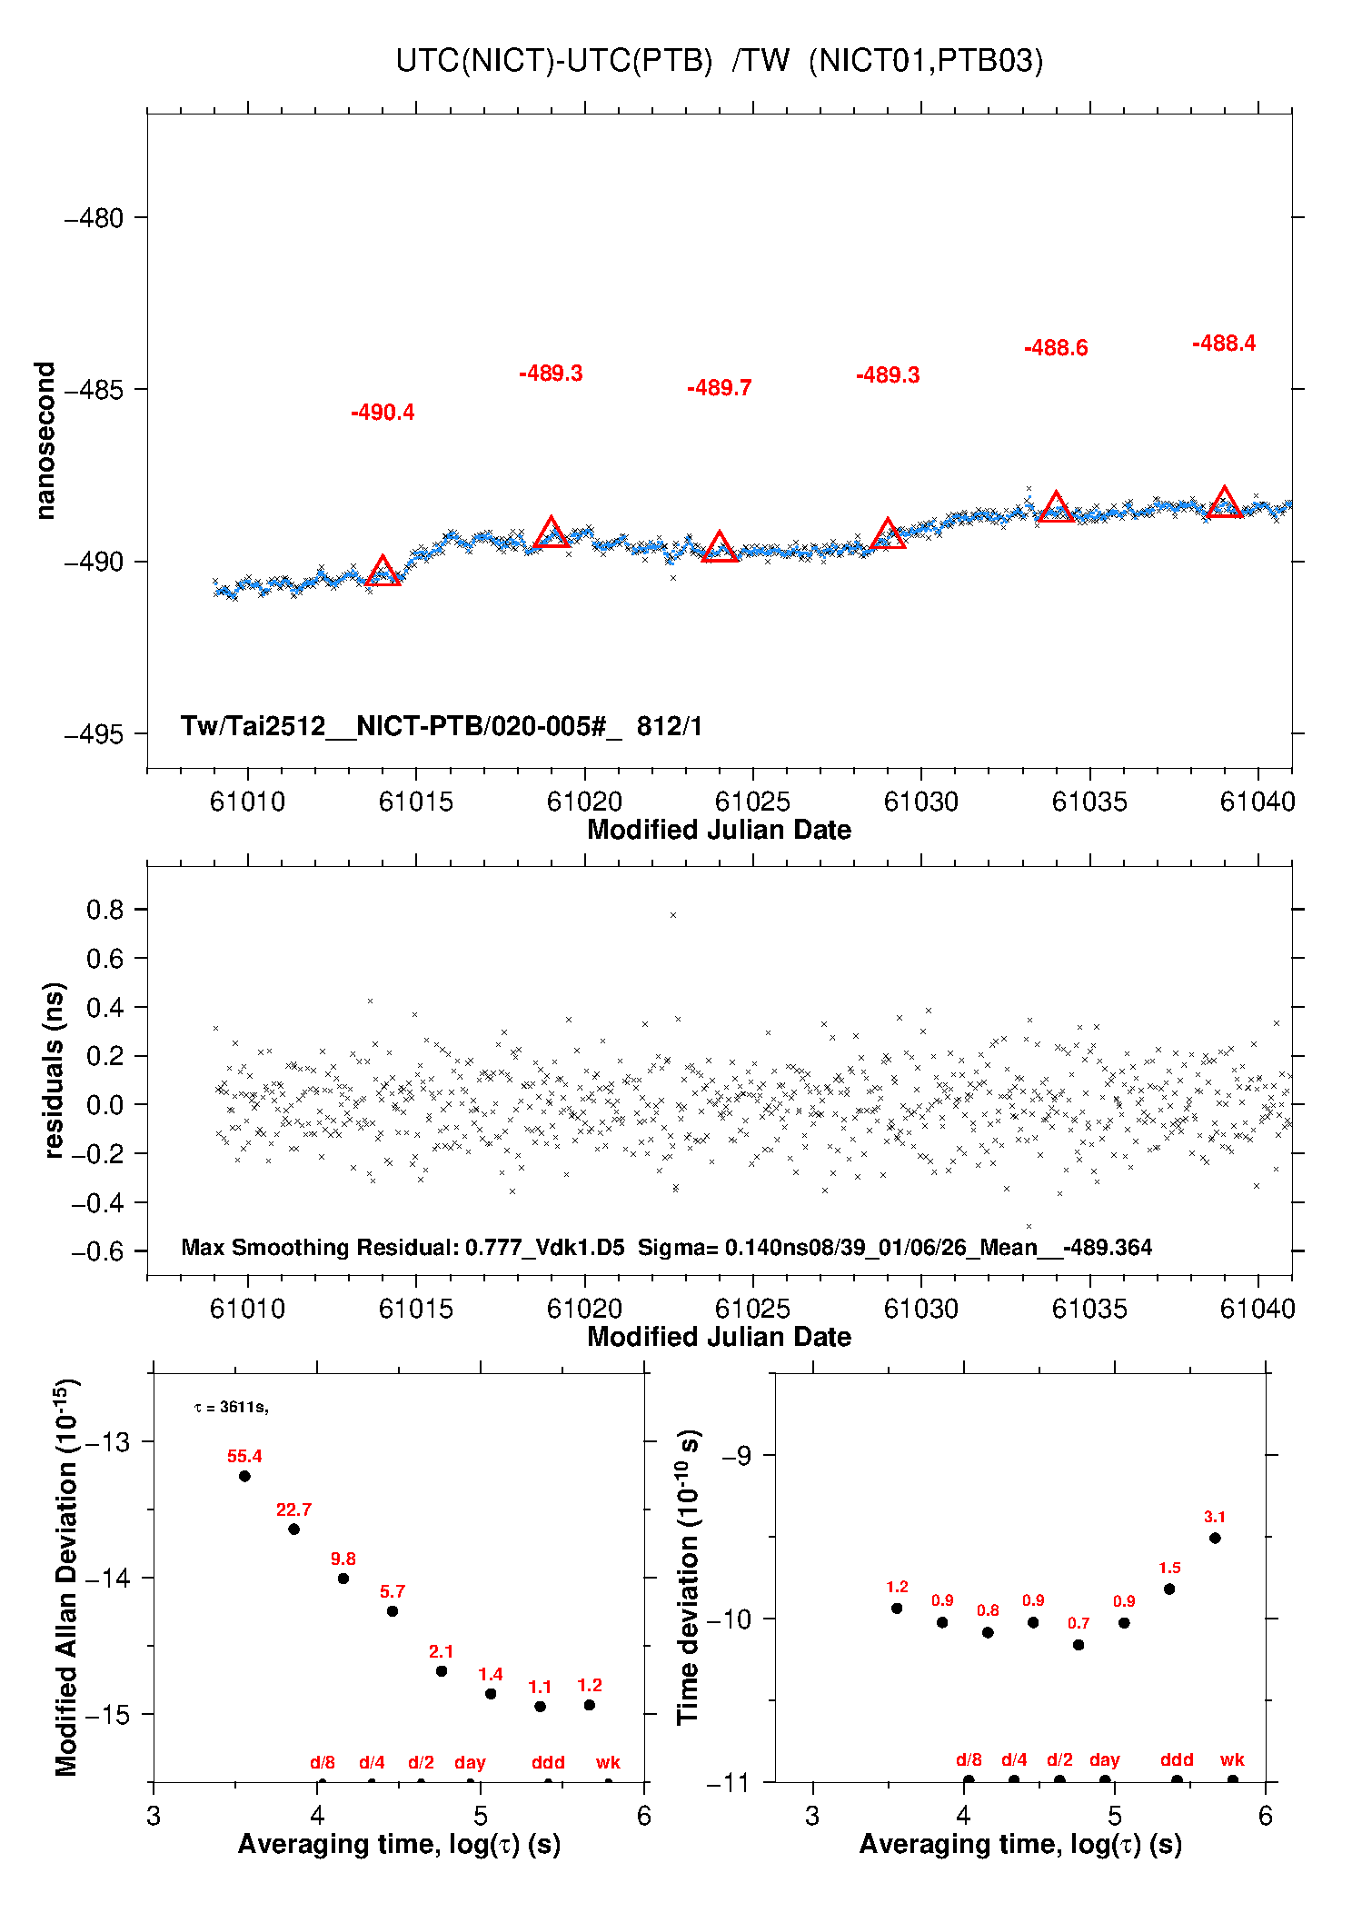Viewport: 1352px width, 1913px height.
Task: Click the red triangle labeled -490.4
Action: [383, 573]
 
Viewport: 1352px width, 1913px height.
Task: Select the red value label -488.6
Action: [1056, 348]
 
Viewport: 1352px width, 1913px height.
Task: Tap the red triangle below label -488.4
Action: [1224, 503]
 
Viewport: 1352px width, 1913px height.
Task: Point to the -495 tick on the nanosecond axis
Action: [94, 734]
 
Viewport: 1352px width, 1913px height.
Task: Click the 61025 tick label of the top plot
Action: [752, 802]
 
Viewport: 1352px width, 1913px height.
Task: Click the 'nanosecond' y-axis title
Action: [45, 441]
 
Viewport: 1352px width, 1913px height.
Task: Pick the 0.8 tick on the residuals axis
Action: [104, 910]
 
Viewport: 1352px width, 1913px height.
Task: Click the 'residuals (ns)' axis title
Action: [55, 1071]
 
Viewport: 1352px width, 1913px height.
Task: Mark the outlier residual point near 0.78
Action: [673, 915]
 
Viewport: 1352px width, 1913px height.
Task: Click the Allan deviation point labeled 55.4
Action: [244, 1476]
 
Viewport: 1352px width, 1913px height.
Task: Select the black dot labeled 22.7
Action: [293, 1529]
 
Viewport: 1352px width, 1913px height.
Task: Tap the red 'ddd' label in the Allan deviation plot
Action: [548, 1762]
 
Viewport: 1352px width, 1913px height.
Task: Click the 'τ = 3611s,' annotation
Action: [231, 1408]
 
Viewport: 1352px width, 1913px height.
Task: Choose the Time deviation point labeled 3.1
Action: [1215, 1538]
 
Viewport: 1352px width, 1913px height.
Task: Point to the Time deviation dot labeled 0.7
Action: [1079, 1645]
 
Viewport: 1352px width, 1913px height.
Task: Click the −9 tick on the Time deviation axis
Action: [736, 1456]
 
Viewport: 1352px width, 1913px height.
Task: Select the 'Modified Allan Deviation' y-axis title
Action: [66, 1577]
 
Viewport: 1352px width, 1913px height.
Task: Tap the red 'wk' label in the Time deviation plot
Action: [1232, 1759]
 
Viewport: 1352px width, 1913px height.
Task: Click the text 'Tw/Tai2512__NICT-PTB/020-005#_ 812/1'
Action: [441, 726]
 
